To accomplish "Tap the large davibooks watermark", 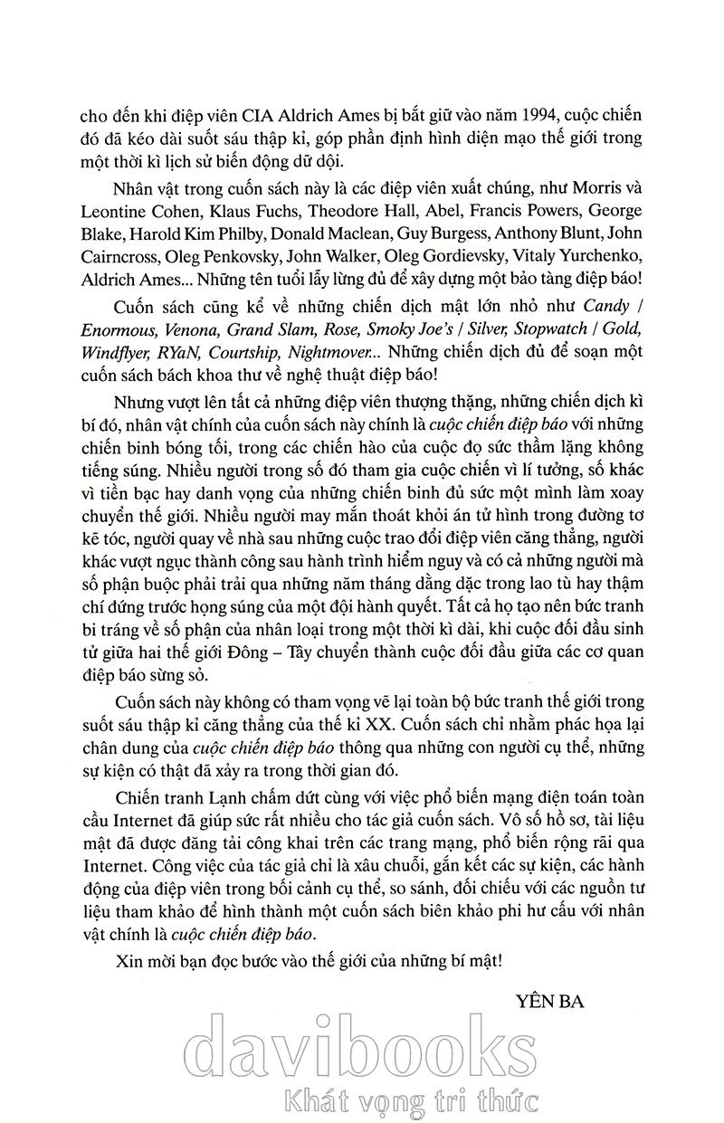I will point(362,1050).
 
